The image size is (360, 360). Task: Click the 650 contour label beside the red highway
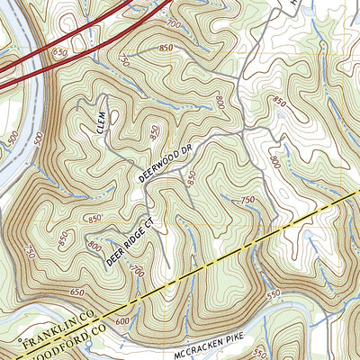pos(59,56)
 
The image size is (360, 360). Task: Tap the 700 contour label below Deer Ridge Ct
pos(138,269)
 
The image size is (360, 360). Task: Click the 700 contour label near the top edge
pos(173,21)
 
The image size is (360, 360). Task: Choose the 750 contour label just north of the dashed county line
pos(244,200)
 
